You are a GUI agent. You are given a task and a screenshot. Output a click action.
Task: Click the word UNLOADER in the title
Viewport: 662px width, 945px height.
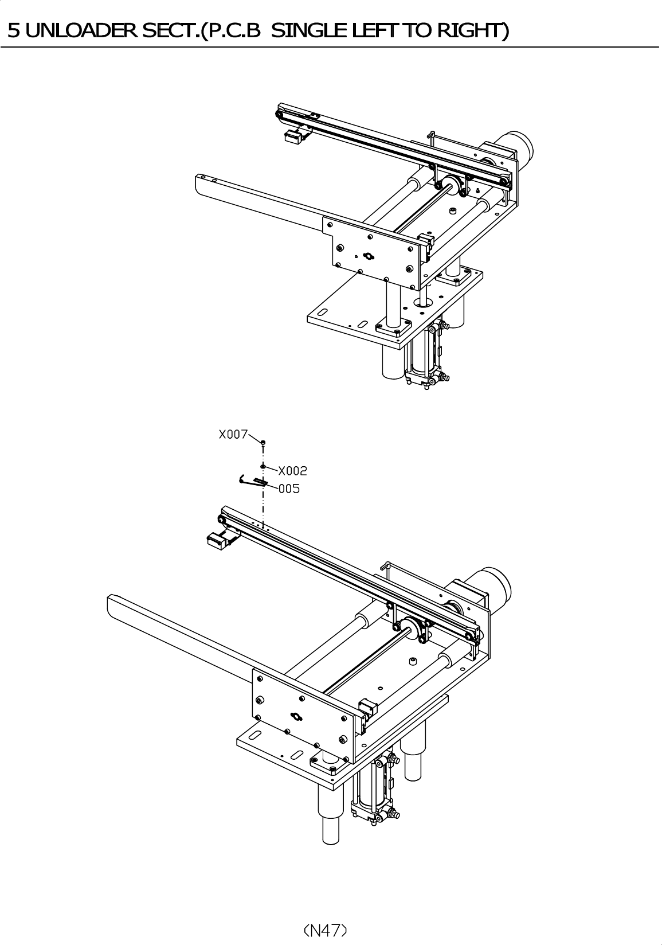pyautogui.click(x=82, y=30)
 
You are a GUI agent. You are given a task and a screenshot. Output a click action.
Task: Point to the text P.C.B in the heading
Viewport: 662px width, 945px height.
pyautogui.click(x=234, y=30)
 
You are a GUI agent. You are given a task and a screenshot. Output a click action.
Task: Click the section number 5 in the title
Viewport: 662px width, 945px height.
pyautogui.click(x=14, y=30)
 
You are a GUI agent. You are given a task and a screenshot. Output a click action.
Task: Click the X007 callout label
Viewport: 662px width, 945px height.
pyautogui.click(x=233, y=434)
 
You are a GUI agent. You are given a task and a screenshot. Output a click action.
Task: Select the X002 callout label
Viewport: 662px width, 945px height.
pyautogui.click(x=293, y=470)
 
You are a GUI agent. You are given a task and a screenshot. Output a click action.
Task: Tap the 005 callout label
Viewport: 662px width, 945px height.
pyautogui.click(x=289, y=489)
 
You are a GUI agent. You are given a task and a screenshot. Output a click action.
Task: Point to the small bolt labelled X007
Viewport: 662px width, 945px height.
pyautogui.click(x=264, y=443)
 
